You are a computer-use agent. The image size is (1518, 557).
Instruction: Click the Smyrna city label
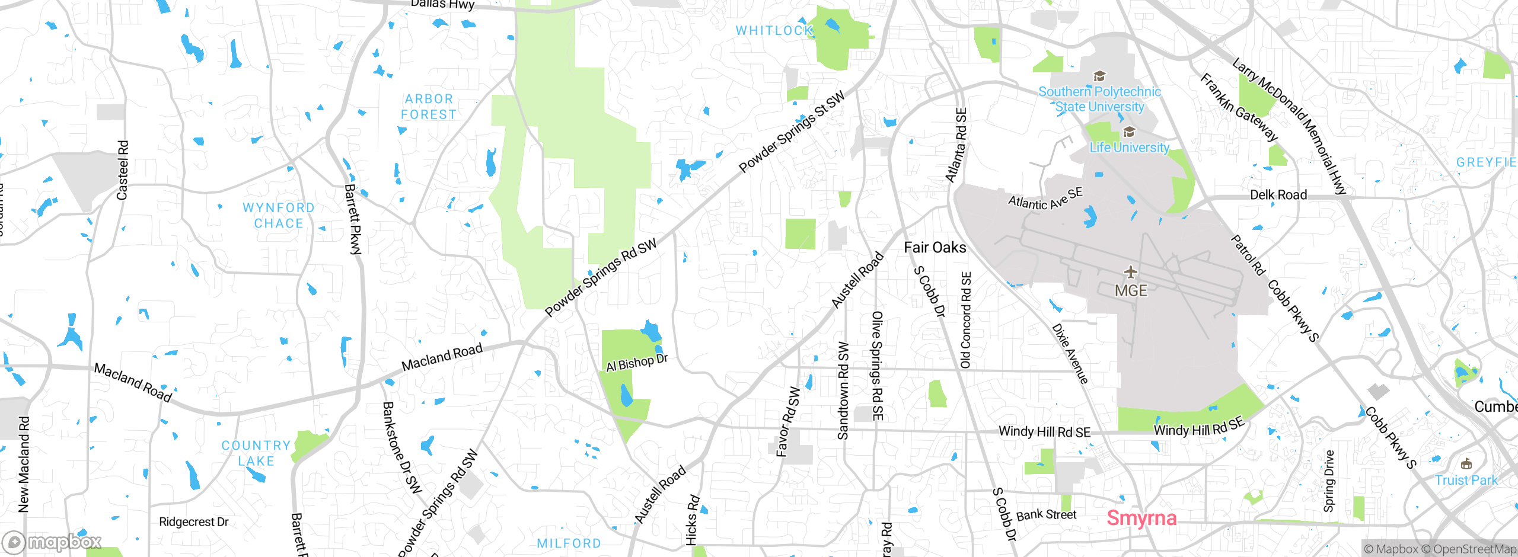[x=1141, y=518]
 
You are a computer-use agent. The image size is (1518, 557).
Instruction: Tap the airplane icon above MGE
[x=1131, y=272]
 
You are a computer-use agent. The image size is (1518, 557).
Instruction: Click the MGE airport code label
[x=1131, y=290]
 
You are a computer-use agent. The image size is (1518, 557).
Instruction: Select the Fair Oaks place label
[x=935, y=248]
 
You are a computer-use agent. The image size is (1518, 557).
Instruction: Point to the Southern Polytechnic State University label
[x=1099, y=99]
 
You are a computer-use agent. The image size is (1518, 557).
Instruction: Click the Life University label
[x=1129, y=147]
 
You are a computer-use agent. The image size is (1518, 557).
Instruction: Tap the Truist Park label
[x=1466, y=480]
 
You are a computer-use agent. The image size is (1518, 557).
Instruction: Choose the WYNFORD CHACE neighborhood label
[x=279, y=216]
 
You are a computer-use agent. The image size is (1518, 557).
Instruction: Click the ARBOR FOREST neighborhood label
[x=429, y=107]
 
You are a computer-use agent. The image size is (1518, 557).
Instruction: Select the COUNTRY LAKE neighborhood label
[x=256, y=453]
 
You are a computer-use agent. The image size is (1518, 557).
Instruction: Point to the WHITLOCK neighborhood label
[x=774, y=30]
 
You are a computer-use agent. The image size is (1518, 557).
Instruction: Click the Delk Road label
[x=1278, y=195]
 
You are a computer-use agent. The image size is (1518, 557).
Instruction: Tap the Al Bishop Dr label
[x=636, y=362]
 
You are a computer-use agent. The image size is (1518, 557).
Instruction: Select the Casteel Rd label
[x=122, y=170]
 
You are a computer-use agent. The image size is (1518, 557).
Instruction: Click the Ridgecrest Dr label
[x=193, y=521]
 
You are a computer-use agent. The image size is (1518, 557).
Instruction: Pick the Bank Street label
[x=1046, y=514]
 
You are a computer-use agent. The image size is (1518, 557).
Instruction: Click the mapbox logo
[x=52, y=542]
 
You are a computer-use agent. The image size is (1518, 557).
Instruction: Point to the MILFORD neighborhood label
[x=569, y=543]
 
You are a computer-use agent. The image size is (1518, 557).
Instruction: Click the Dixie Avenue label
[x=1070, y=353]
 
